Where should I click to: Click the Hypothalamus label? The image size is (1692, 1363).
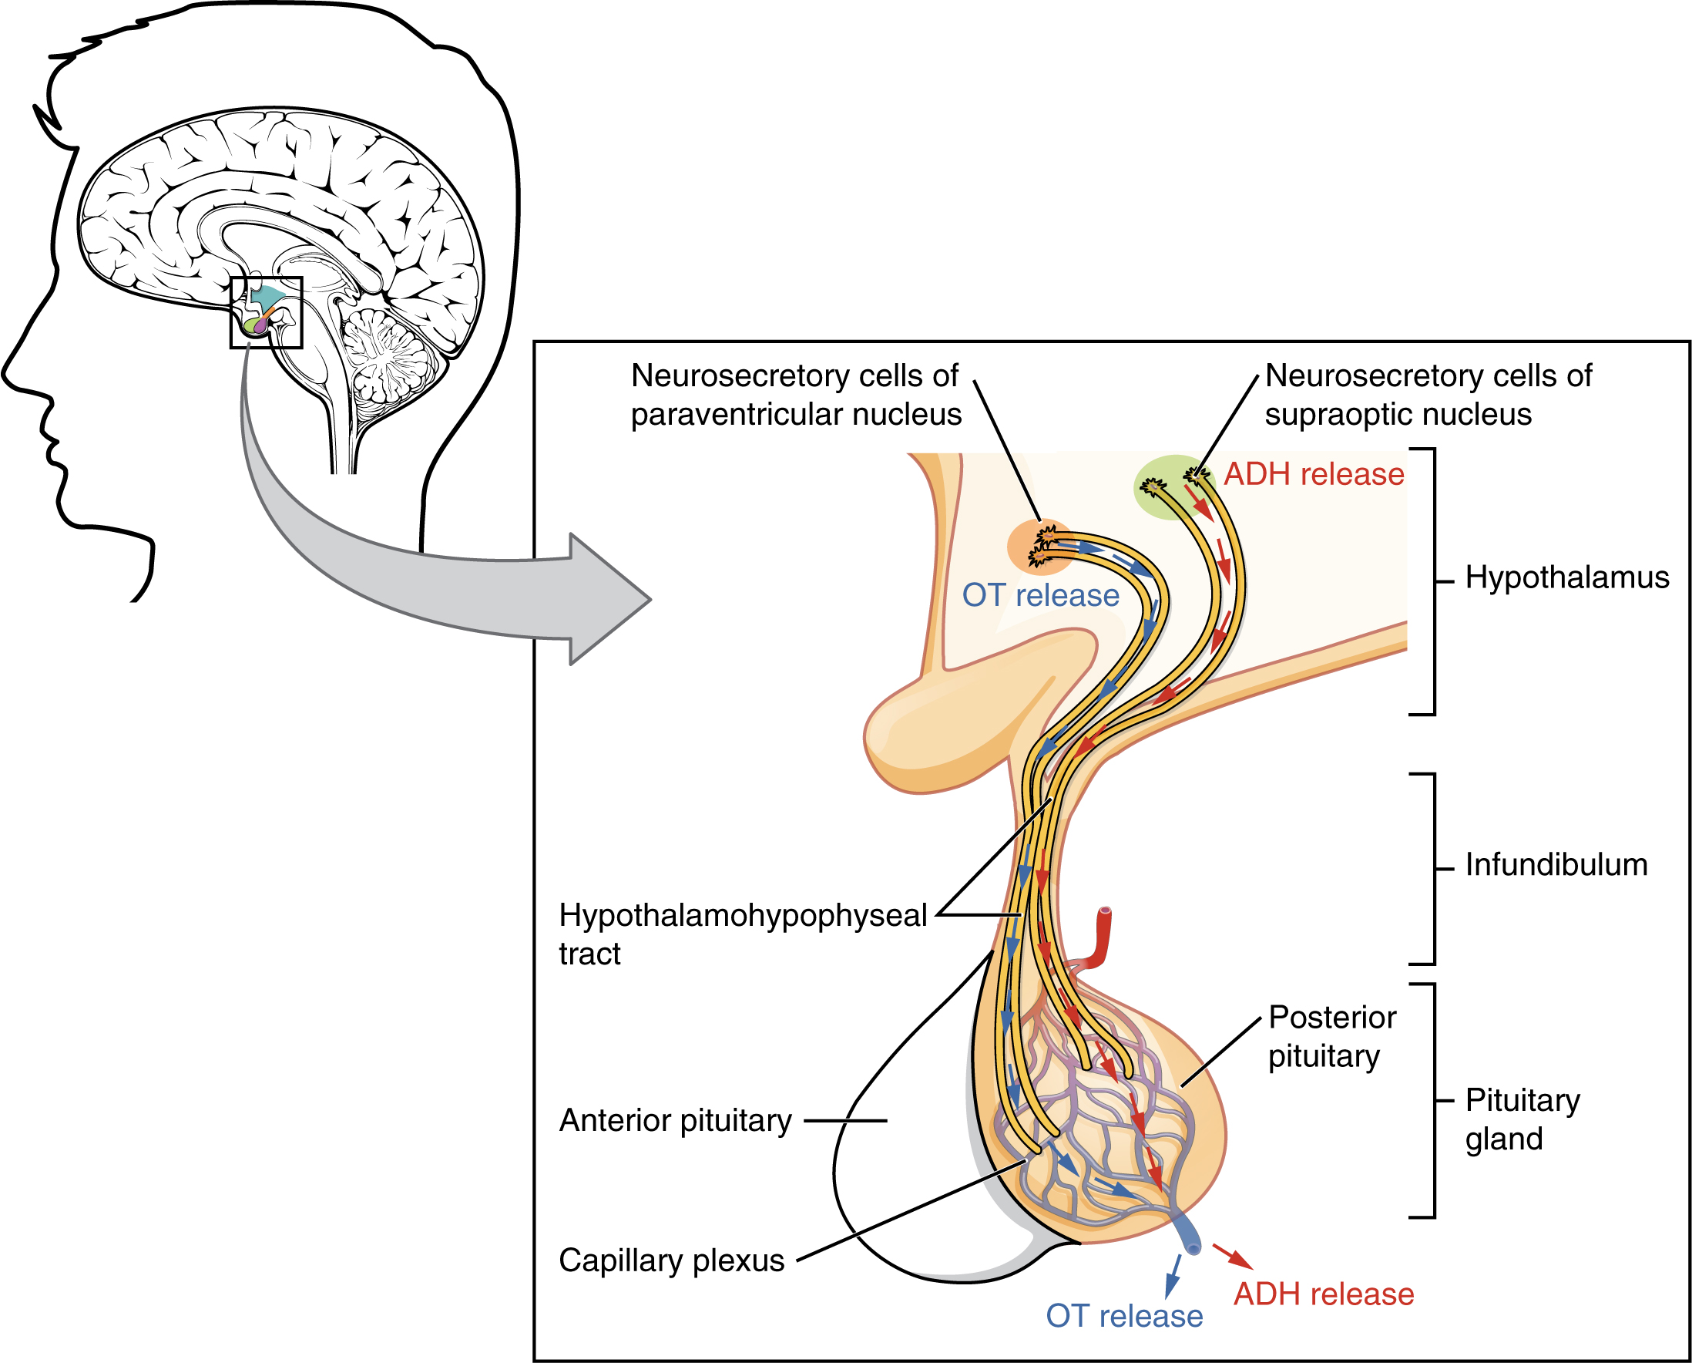1566,578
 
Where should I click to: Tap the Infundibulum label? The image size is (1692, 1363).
1556,865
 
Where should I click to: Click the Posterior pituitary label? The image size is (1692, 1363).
1331,1036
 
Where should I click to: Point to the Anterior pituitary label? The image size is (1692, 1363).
675,1120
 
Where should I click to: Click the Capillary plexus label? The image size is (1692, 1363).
671,1260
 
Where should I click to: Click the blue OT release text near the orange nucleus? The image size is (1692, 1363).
1040,595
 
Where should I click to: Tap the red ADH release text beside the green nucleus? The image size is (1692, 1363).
1314,474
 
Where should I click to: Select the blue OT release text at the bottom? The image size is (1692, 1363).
1123,1316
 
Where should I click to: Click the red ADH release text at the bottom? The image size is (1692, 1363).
1323,1294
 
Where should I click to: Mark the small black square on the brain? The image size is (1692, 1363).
266,312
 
